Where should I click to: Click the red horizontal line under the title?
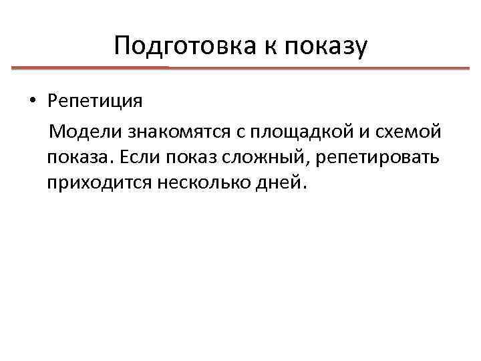click(240, 68)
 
